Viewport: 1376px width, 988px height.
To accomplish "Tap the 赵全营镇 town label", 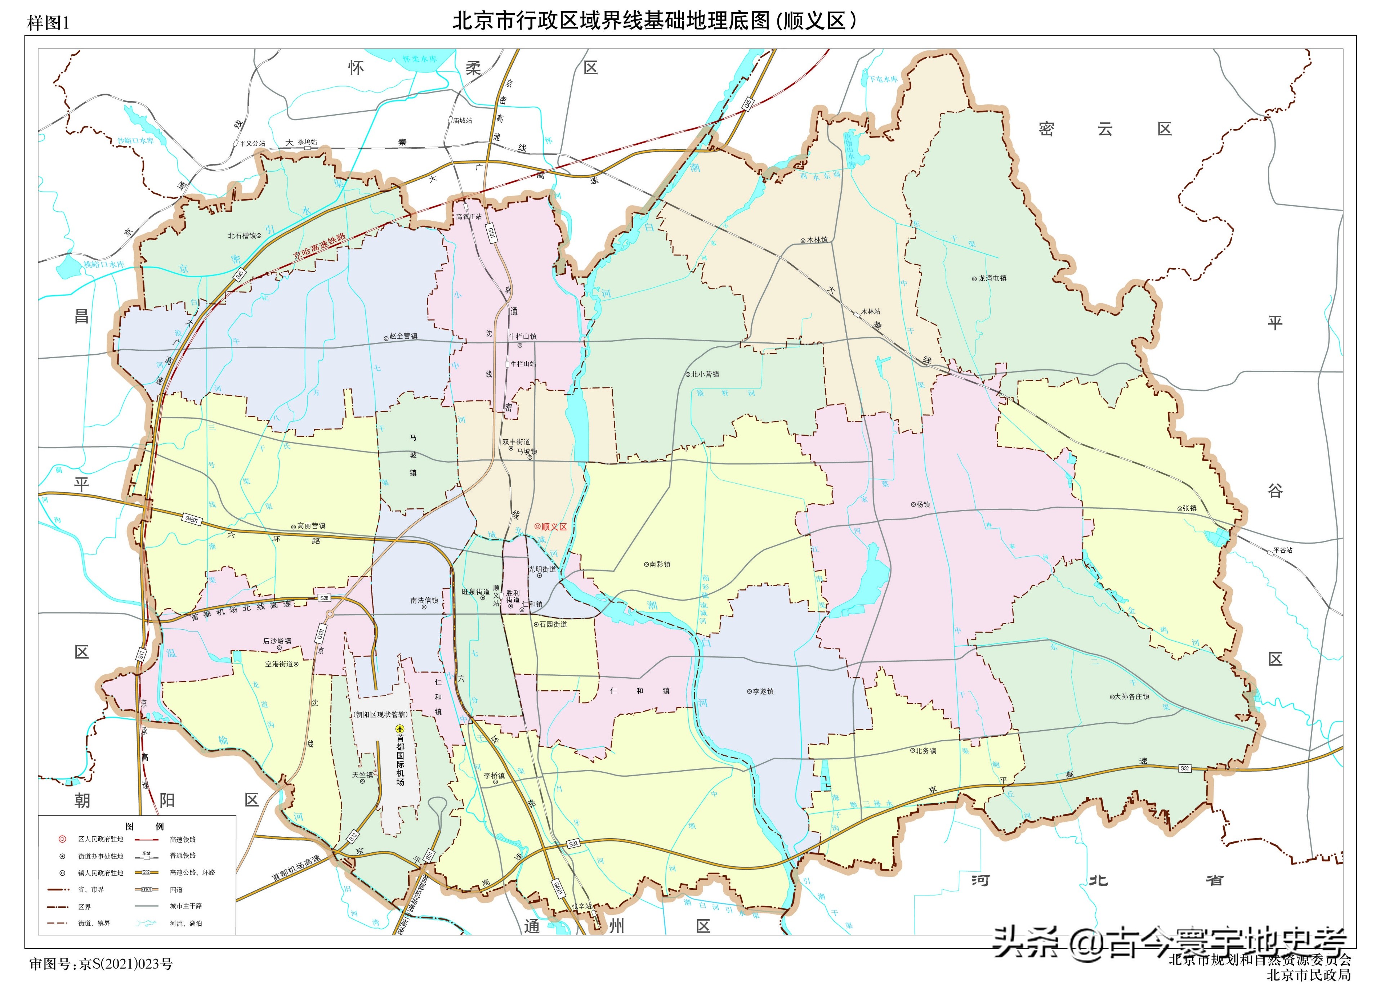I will (x=403, y=336).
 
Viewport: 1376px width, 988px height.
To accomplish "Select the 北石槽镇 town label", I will (x=243, y=235).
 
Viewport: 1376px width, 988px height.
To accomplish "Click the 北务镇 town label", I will (x=926, y=751).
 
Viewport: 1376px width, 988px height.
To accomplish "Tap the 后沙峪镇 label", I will (x=277, y=641).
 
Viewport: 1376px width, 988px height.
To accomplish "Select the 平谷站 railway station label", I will (x=1283, y=550).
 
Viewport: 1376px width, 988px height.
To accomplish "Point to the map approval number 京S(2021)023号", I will (x=126, y=964).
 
